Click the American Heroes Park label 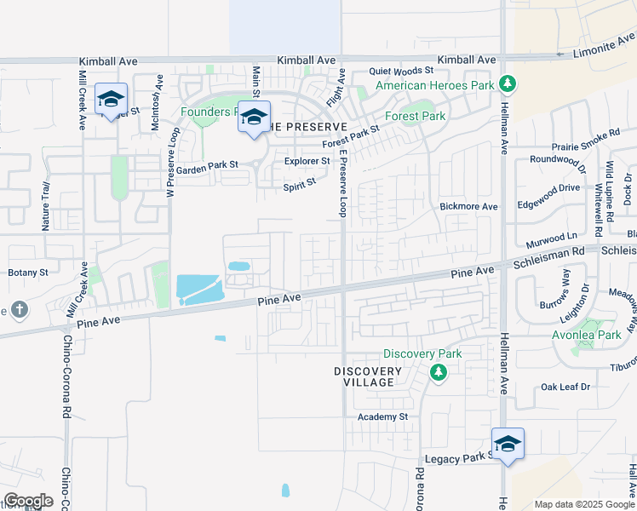click(x=434, y=85)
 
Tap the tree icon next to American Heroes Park click(x=508, y=83)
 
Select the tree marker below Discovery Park click(x=439, y=372)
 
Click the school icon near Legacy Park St click(x=508, y=444)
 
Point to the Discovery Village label click(x=367, y=376)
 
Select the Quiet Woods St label click(x=401, y=72)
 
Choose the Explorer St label click(x=307, y=160)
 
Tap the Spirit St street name click(x=299, y=181)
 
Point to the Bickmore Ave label click(x=468, y=206)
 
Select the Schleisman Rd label click(x=548, y=252)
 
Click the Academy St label click(x=383, y=416)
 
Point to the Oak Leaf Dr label click(x=565, y=387)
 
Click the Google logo click(x=27, y=501)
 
